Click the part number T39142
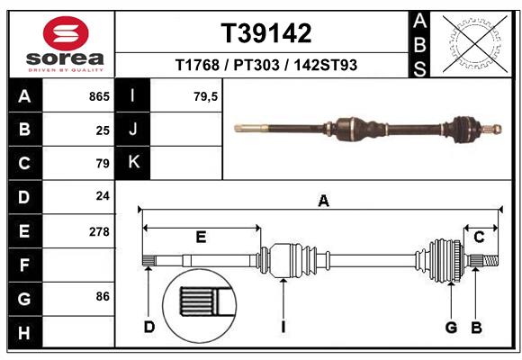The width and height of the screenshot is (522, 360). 265,33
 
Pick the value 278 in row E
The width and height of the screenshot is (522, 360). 99,231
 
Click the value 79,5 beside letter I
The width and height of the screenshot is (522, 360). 206,96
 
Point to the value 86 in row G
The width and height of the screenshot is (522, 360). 103,296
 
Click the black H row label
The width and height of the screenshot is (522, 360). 23,332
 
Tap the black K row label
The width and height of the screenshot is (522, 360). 133,163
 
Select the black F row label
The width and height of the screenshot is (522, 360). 23,265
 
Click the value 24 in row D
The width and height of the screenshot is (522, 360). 103,195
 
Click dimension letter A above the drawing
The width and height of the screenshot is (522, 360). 322,202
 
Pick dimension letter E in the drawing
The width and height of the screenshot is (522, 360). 201,237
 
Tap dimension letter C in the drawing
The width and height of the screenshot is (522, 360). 479,237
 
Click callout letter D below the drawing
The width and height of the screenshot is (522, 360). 149,327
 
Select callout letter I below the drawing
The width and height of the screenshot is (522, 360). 283,327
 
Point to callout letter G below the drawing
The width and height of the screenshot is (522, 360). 451,327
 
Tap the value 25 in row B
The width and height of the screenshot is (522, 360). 103,130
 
